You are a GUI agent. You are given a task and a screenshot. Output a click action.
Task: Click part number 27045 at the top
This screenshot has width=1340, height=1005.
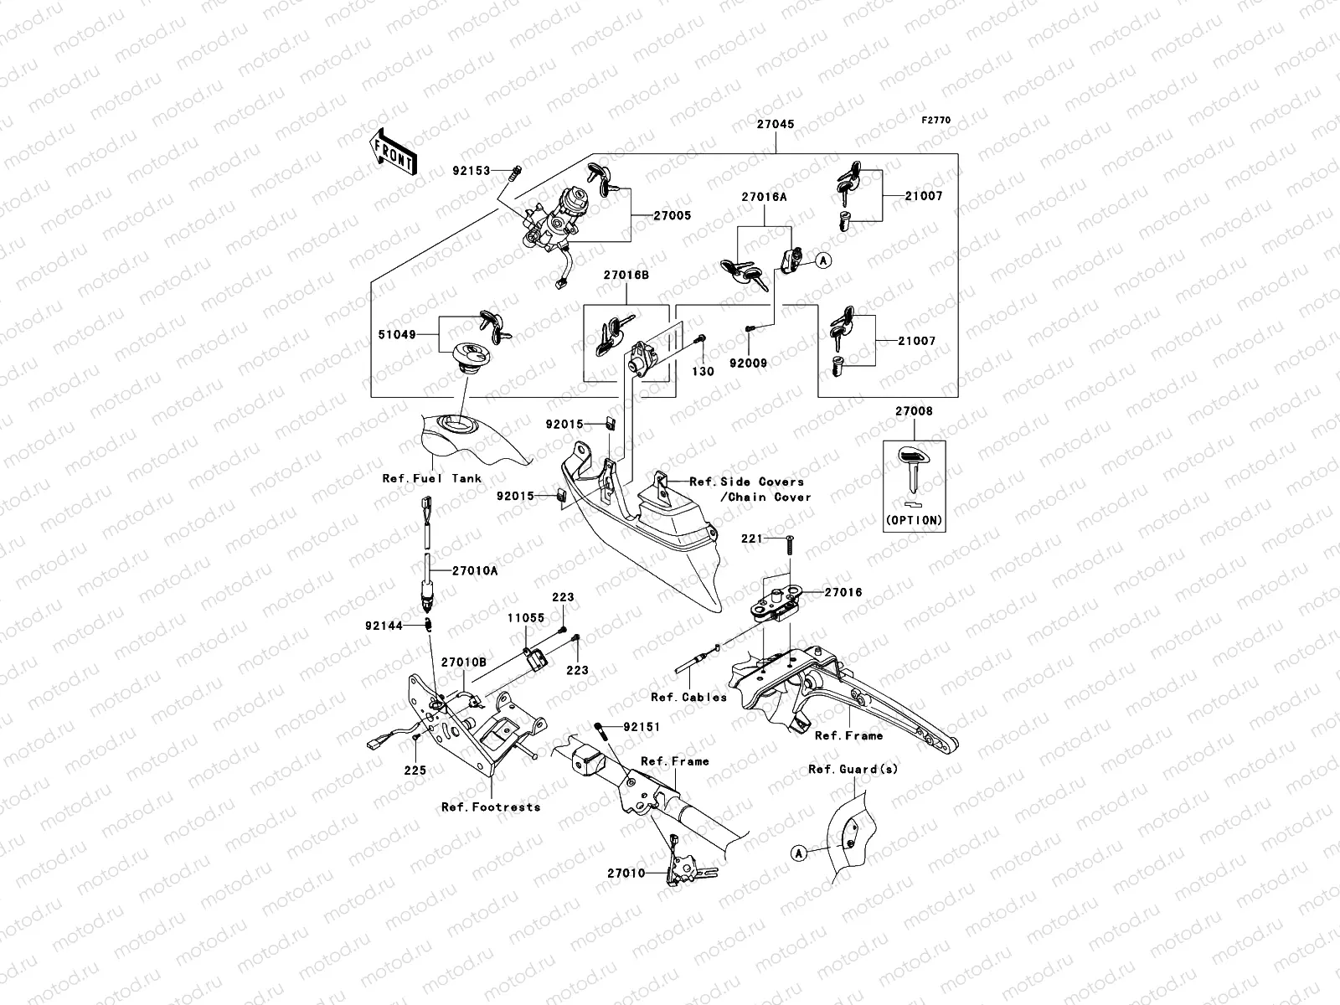pos(776,124)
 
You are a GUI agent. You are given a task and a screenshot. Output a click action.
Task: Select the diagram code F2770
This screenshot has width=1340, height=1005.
pos(936,121)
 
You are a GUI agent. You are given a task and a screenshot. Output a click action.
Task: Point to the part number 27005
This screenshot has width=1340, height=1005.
pos(673,215)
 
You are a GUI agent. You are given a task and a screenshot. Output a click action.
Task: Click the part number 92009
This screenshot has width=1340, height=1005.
pos(747,363)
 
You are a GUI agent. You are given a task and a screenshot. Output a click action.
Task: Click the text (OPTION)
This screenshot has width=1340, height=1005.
pos(914,520)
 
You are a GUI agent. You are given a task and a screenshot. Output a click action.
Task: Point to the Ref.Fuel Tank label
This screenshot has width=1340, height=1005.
pos(431,478)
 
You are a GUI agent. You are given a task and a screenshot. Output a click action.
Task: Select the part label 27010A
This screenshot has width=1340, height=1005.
pos(475,570)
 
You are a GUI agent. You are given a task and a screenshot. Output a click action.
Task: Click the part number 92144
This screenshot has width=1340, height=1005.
pos(384,625)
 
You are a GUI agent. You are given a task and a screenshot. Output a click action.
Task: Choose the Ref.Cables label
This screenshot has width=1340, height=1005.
pos(688,697)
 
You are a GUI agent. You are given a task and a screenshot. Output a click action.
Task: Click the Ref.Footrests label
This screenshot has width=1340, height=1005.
pos(491,807)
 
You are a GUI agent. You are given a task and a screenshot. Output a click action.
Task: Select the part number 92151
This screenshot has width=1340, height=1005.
pos(642,727)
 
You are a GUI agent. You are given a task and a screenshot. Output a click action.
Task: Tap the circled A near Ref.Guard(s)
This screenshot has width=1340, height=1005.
pos(798,853)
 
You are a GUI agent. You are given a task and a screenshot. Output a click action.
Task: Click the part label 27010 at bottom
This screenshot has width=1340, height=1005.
pos(626,873)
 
